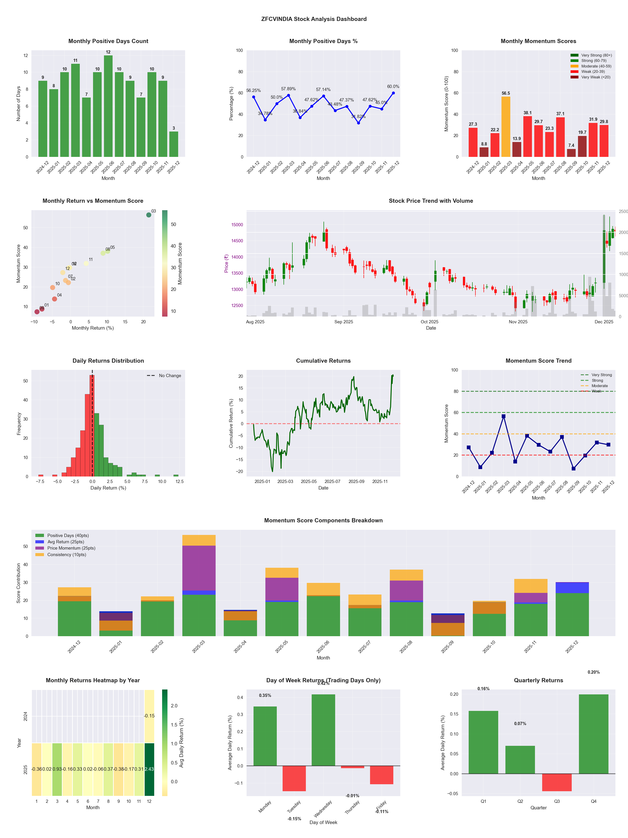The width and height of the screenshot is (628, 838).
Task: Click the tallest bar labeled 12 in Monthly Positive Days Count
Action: tap(108, 106)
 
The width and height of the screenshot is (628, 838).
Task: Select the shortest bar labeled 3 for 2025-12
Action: tap(174, 144)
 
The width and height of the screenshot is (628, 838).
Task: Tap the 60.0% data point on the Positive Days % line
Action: tap(393, 93)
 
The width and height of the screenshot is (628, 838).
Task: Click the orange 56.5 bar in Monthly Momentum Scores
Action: tap(506, 127)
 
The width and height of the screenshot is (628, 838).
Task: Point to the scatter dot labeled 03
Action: tap(149, 215)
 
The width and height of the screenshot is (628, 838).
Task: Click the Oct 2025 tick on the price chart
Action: tap(429, 322)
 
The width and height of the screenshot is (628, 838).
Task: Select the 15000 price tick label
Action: tap(237, 225)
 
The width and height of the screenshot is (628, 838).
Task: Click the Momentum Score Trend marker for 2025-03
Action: tap(504, 416)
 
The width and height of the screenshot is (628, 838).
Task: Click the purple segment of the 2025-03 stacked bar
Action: tap(199, 568)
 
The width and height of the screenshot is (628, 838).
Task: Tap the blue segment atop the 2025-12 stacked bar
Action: tap(572, 588)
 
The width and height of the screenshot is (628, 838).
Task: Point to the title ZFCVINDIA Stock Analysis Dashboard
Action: tap(314, 19)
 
